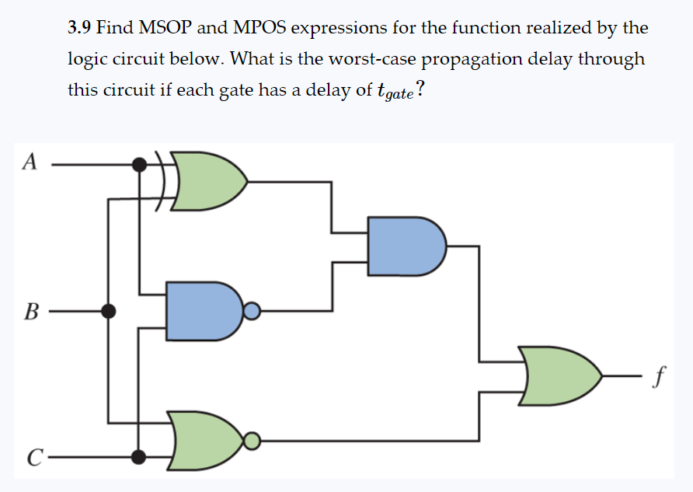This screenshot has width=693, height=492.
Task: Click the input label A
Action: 29,162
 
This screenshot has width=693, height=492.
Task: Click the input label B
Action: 30,312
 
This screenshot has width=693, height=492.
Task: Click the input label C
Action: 30,457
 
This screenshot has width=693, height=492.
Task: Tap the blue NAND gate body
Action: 200,312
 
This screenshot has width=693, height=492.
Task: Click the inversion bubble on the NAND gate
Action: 251,312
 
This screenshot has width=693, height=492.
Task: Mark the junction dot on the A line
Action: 139,164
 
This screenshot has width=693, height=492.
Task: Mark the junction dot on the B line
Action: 109,312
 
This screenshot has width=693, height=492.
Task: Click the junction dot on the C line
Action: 139,456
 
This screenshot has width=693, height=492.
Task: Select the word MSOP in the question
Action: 165,29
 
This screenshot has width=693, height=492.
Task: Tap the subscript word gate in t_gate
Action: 400,93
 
